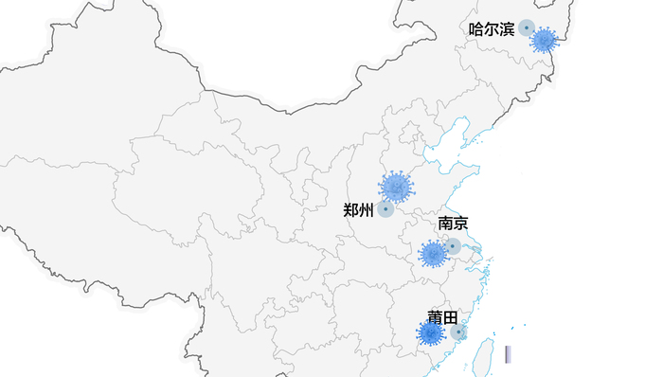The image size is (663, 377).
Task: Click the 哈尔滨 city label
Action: click(x=492, y=29)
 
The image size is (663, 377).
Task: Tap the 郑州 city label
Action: click(x=358, y=210)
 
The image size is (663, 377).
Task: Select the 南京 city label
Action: click(x=453, y=224)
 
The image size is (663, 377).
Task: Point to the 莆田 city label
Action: click(x=442, y=317)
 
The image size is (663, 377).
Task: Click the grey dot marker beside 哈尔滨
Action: click(x=527, y=28)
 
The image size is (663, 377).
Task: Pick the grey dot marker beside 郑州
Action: click(x=385, y=209)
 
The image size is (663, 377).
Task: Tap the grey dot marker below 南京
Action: click(x=453, y=246)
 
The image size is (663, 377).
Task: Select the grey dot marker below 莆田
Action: click(x=457, y=332)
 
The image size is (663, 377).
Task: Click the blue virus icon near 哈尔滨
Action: click(x=544, y=40)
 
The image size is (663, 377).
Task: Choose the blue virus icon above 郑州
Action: click(x=396, y=188)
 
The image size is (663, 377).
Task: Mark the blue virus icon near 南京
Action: click(x=433, y=254)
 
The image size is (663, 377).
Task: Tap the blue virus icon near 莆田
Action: click(x=431, y=333)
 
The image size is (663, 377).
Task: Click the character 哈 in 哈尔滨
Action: click(x=476, y=29)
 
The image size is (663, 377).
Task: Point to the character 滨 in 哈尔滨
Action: click(x=507, y=29)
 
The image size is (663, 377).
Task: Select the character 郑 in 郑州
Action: click(x=350, y=210)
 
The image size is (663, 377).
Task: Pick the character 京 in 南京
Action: click(x=460, y=224)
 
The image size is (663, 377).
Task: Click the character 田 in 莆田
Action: click(x=450, y=317)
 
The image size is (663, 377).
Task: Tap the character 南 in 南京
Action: click(x=445, y=224)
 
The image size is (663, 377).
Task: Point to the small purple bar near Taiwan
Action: click(x=508, y=354)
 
